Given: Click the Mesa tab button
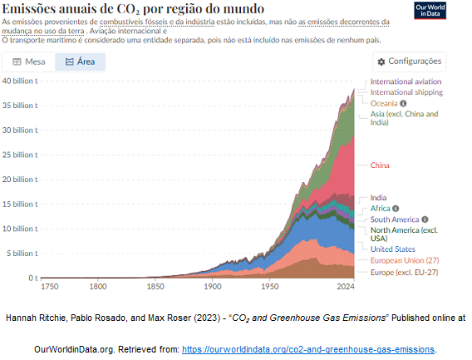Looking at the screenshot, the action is coord(29,62).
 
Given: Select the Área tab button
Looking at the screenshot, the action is coord(80,62).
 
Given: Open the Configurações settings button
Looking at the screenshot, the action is coord(410,62).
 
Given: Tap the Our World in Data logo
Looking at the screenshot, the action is coord(430,11).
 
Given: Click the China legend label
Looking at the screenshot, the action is coord(380,165).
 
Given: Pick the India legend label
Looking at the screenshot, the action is coord(378,198).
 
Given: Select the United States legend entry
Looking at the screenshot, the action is coord(393,249).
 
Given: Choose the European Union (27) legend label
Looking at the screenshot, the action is coord(405,260).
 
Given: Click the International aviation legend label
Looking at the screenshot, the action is coord(406,81).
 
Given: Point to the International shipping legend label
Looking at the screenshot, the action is coord(406,92).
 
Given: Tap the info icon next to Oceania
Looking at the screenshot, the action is coord(403,103).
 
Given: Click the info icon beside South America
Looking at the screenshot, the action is coord(425,219).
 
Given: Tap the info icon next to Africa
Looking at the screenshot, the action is coord(396,209).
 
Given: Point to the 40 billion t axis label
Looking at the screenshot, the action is coord(20,81).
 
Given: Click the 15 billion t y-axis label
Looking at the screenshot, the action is coord(20,205).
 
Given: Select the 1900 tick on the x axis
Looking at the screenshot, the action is coord(213,286).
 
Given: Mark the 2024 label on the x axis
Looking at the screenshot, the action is coord(346,286).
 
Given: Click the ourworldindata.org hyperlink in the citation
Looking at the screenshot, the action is coord(308,349).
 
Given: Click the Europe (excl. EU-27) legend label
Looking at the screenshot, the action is coord(404,273).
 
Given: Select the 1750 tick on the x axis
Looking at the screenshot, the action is coord(50,286).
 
